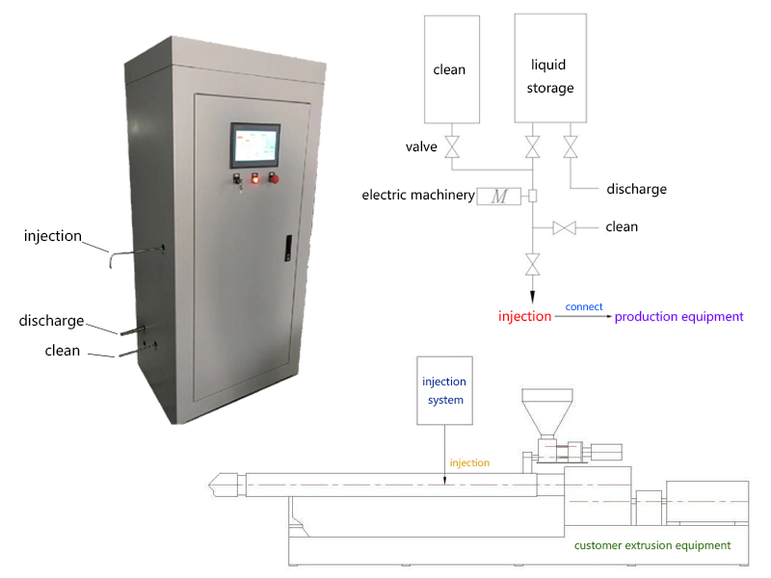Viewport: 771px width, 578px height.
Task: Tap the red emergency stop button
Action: [273, 177]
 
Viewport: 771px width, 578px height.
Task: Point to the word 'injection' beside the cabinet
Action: [53, 236]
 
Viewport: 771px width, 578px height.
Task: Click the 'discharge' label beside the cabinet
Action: [51, 321]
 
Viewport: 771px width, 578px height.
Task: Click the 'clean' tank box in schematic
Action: [449, 69]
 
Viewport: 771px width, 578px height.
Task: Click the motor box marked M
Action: [499, 196]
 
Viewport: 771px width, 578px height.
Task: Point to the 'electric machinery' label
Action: [418, 196]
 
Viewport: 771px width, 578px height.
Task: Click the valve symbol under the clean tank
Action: [449, 147]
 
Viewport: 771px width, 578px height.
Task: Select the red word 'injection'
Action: [524, 316]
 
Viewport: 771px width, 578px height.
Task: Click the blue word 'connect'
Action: [584, 306]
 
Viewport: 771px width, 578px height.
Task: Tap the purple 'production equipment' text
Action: [679, 316]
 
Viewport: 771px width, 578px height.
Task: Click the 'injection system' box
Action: [443, 389]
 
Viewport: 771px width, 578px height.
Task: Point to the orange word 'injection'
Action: [469, 463]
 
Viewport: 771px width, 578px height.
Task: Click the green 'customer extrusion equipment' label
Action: [652, 545]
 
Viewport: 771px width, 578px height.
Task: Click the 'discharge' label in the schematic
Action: [636, 189]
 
